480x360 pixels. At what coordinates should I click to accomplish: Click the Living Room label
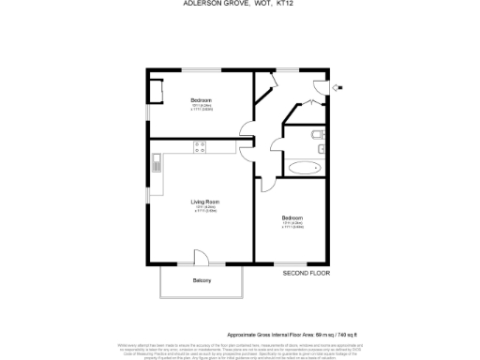(x=205, y=202)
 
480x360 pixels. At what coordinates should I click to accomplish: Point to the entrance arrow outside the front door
(x=339, y=88)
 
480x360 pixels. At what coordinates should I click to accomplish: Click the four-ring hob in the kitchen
(x=199, y=145)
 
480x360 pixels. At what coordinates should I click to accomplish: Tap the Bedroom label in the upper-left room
(x=201, y=100)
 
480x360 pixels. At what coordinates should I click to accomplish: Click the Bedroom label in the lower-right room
(x=292, y=218)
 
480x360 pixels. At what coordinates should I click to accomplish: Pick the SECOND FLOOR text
(x=307, y=273)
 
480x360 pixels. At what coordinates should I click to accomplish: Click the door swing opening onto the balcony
(x=201, y=258)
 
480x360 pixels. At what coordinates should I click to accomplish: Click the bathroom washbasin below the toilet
(x=319, y=148)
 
